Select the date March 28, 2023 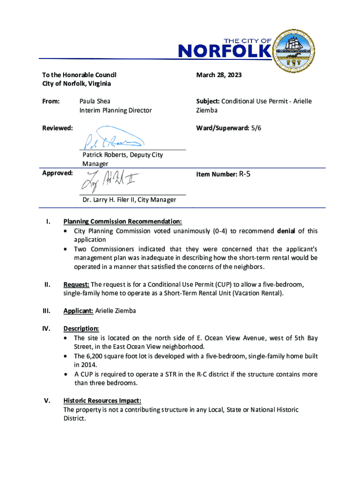point(219,75)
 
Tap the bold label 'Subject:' point(208,101)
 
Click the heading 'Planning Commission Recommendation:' point(122,222)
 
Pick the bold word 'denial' point(286,231)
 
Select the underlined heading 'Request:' point(76,284)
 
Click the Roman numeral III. point(46,311)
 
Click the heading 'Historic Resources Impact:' point(102,401)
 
